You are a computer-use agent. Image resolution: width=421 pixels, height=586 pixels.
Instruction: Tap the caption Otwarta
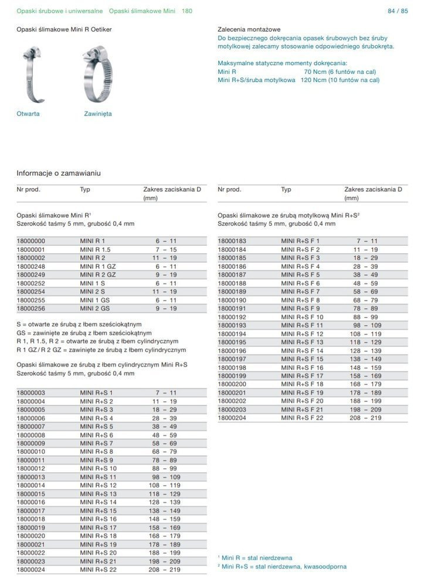tap(28, 114)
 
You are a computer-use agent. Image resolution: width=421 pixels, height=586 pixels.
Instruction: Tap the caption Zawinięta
tap(98, 114)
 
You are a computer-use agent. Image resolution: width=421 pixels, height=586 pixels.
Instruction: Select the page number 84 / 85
tap(398, 11)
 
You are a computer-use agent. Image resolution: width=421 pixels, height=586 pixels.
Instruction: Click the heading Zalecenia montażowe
tap(249, 29)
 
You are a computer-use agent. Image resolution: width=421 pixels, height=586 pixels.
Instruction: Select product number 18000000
tap(30, 241)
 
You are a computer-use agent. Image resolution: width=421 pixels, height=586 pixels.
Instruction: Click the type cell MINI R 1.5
tap(95, 249)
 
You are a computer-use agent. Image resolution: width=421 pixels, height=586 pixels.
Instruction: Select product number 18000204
tap(232, 418)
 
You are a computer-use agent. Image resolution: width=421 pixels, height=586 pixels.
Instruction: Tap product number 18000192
tap(232, 316)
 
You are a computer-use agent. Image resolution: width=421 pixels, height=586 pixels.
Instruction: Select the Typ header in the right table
tap(286, 190)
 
